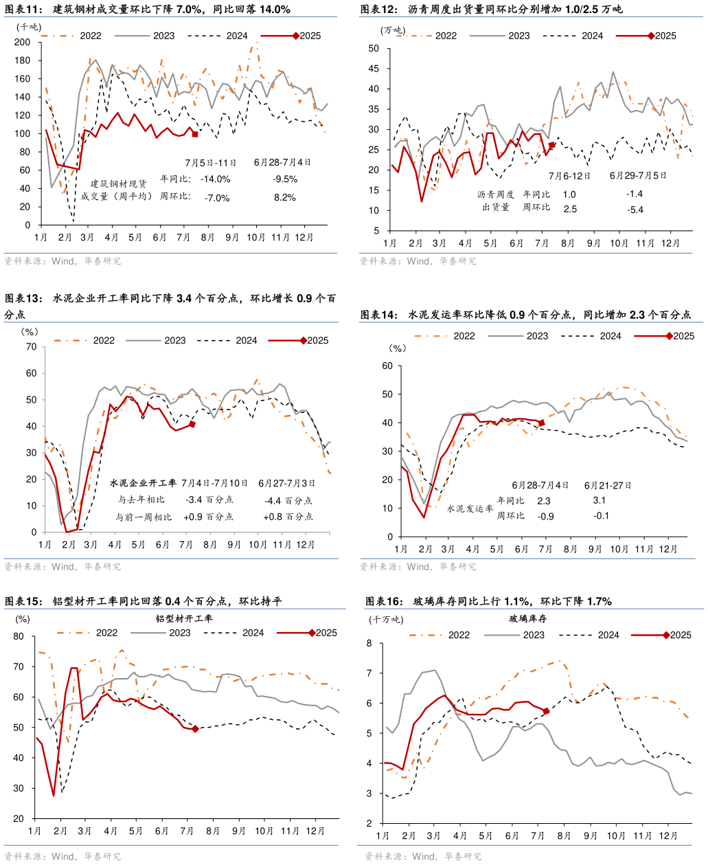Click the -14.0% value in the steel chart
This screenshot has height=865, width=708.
(x=216, y=179)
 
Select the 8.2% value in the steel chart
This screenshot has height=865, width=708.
(x=284, y=197)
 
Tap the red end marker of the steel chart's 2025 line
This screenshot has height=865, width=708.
(x=195, y=135)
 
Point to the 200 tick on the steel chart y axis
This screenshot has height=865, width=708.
(x=23, y=43)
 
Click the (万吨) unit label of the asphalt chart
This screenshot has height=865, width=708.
(x=393, y=30)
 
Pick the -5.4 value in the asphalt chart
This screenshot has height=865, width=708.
(x=635, y=210)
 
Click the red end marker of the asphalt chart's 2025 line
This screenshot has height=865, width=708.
(x=551, y=145)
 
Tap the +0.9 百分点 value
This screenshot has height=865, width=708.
(x=209, y=517)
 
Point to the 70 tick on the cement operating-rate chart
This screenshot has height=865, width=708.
(x=30, y=346)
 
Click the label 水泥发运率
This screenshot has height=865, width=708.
(x=470, y=509)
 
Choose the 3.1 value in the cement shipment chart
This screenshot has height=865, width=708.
(x=599, y=500)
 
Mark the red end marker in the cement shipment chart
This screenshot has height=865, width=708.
(x=541, y=423)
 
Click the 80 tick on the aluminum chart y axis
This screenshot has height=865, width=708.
(x=19, y=636)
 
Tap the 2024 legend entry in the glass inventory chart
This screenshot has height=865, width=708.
(x=608, y=635)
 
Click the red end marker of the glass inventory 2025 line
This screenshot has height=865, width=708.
(x=545, y=711)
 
